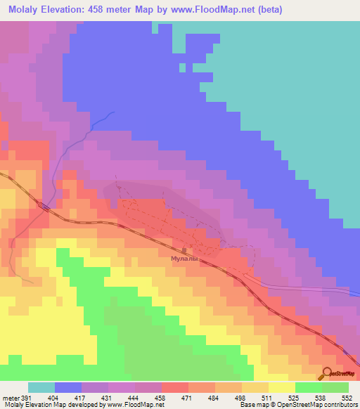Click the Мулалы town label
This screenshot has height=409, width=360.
[x=185, y=258]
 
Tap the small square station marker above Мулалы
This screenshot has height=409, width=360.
[x=184, y=249]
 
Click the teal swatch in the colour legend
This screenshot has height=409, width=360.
[x=41, y=387]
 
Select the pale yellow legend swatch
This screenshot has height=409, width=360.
[x=281, y=387]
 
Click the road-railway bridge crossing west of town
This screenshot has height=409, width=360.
[x=44, y=207]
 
